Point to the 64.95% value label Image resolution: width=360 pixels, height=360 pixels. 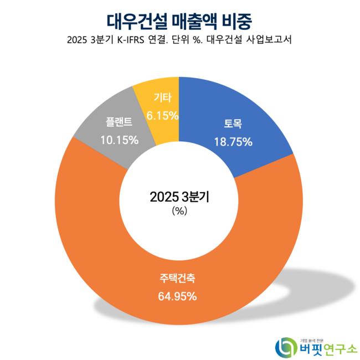tap(177, 296)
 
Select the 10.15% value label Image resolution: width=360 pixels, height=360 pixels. tap(119, 140)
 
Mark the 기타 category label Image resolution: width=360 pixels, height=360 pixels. tap(162, 98)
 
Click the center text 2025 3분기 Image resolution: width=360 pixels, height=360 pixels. tap(179, 197)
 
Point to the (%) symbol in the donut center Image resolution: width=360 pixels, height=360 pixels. tap(179, 210)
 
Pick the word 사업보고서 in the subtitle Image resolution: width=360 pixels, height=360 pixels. tap(270, 40)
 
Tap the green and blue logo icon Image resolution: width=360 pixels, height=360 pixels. tap(286, 346)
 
